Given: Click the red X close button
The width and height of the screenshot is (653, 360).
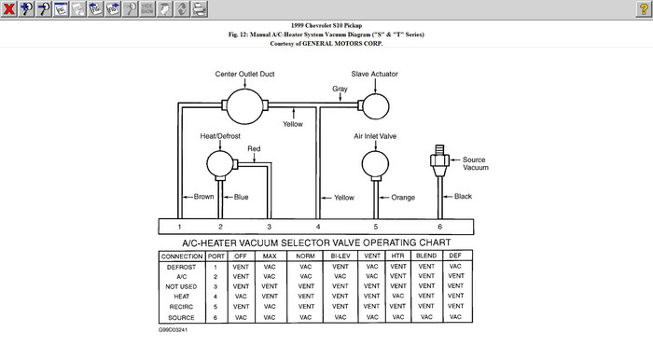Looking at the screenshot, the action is coord(8,8).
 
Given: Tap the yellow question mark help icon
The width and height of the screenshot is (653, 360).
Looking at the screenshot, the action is coord(644,8).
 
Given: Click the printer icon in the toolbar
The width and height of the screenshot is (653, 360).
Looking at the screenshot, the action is coord(200,8).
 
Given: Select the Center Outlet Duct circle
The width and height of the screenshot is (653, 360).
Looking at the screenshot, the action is coord(244,106).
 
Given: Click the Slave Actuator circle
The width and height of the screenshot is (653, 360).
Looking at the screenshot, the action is coord(376,106).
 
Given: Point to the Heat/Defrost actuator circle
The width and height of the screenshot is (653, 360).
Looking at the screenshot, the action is coord(220,164).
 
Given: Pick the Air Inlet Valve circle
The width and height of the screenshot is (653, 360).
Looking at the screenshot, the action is coord(375,164).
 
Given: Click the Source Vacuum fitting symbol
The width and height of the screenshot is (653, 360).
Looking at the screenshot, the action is coord(439,161).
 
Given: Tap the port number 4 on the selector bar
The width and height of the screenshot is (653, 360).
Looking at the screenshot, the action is coord(318,227).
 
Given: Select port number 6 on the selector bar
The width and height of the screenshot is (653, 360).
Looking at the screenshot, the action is coord(439,227).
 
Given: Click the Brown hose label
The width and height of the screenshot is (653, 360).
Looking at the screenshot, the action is coord(203,197).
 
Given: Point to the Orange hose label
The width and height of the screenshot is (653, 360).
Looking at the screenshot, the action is coord(403,198).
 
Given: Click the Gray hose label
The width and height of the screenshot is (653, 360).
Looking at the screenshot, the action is coord(340,89).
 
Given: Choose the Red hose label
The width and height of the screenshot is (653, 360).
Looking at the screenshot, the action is coord(254,148).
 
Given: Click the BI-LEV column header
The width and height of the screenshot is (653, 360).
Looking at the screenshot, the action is coord(340,256).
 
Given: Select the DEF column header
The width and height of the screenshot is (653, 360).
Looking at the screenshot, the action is coord(455,256).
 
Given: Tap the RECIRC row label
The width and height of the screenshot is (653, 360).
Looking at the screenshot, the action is coord(181,307).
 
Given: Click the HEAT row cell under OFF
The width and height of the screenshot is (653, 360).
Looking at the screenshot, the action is coord(241,297).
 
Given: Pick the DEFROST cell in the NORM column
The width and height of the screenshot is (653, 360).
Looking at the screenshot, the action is coord(306,267).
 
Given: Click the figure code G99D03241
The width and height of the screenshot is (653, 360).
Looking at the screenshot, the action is coord(173,329).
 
